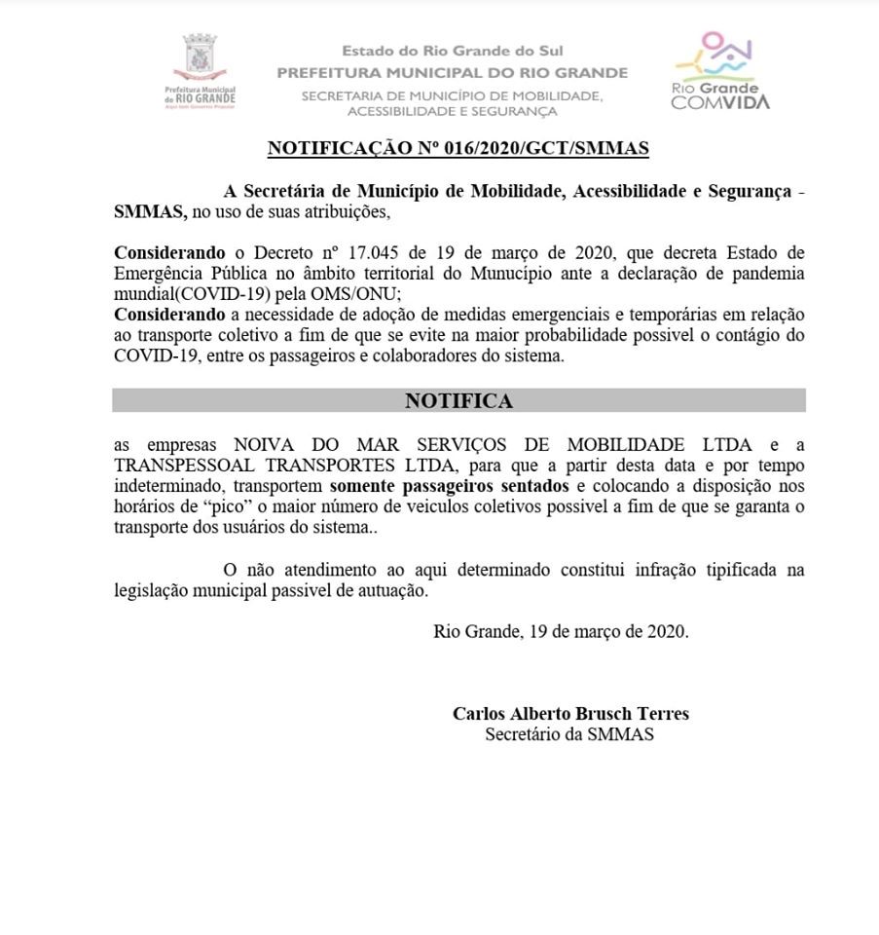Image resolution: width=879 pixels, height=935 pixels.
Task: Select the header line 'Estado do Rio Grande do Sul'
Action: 452,52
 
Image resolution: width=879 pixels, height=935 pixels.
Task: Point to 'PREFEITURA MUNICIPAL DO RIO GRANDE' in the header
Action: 452,73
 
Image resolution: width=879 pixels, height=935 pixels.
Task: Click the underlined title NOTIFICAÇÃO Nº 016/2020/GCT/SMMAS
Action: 458,149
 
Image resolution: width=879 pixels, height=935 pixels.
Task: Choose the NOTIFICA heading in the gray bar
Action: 458,400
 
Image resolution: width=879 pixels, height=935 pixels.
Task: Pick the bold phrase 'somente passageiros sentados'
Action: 449,486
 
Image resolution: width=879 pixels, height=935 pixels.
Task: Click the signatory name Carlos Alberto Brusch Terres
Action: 569,714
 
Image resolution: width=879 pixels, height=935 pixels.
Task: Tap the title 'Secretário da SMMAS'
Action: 569,734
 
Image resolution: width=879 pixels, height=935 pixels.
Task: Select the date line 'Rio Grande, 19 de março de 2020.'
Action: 560,631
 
